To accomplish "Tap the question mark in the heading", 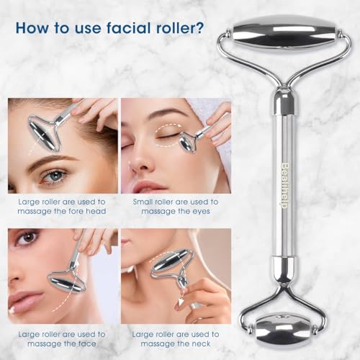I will click(199, 29).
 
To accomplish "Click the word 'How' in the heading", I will click(33, 29).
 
